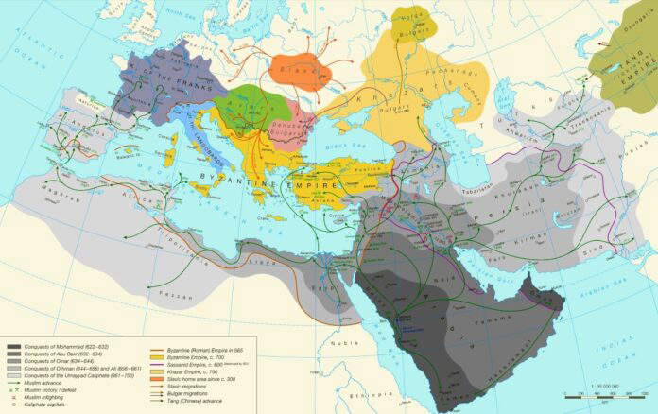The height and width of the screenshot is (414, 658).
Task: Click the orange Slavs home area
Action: [x=301, y=71]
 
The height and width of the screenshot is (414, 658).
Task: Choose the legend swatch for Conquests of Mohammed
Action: [x=16, y=349]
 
